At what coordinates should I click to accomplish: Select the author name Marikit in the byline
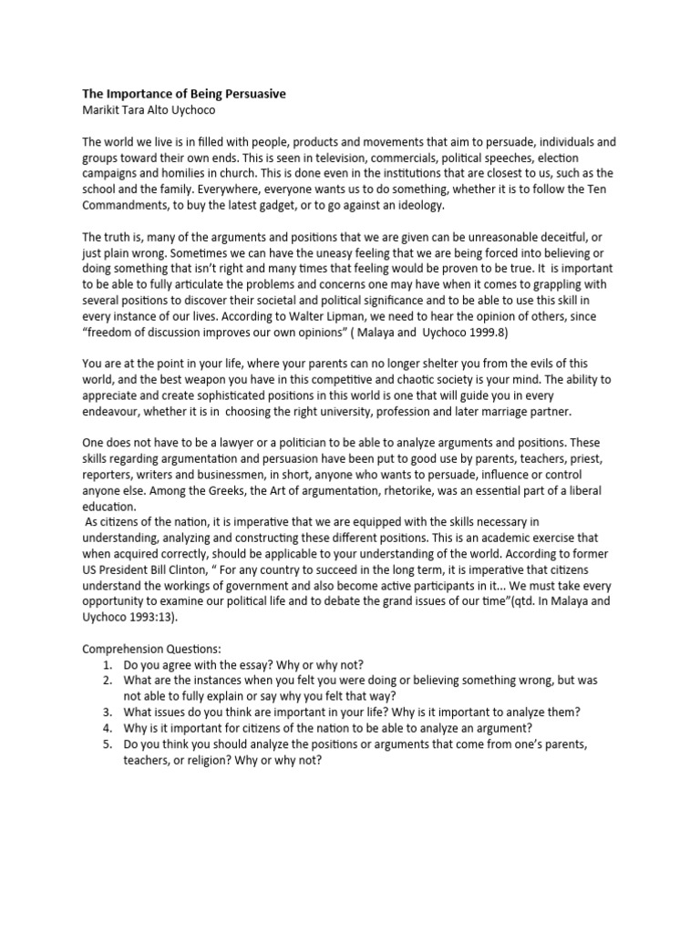click(104, 110)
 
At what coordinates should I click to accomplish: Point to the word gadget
click(325, 205)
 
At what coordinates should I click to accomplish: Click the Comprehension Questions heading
click(151, 649)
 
